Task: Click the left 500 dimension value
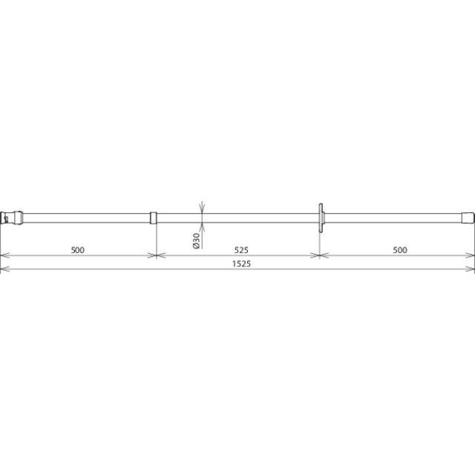[77, 250]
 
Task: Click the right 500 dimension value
[400, 250]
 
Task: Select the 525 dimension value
[241, 250]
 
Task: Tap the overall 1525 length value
[241, 264]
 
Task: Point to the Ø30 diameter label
[196, 240]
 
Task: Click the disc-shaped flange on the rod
[321, 217]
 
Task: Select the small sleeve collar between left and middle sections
[154, 217]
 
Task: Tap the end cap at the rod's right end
[468, 217]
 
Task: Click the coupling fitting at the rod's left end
[12, 217]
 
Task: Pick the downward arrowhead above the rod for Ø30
[202, 208]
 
